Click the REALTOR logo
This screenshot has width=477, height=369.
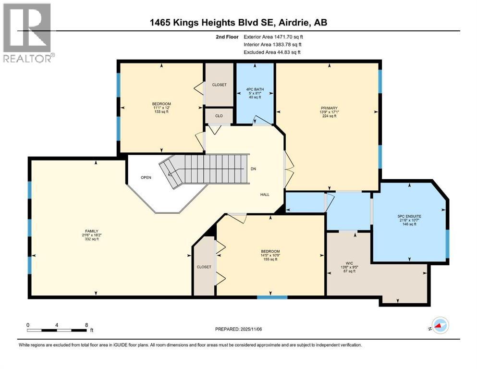[29, 33]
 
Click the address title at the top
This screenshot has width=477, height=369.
[238, 23]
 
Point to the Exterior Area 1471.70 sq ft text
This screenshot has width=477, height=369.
[273, 37]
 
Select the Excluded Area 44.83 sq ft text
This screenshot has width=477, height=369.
[272, 52]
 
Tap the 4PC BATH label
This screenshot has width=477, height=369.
[255, 89]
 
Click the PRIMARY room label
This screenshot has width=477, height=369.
[329, 108]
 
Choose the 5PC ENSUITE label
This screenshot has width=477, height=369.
[409, 216]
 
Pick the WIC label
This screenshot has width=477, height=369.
[349, 263]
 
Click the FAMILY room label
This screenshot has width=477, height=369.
[92, 231]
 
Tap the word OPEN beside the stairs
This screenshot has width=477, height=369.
[146, 177]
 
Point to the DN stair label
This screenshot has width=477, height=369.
[253, 169]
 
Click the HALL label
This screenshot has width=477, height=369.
[265, 195]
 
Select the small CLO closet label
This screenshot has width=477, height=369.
[219, 116]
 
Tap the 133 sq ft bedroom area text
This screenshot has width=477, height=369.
[161, 111]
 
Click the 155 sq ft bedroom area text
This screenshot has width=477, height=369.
[270, 259]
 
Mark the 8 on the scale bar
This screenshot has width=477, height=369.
[86, 325]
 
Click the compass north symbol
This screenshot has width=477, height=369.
[439, 325]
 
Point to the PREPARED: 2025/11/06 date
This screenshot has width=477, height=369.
[238, 329]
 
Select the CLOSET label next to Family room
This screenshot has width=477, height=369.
[204, 267]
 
